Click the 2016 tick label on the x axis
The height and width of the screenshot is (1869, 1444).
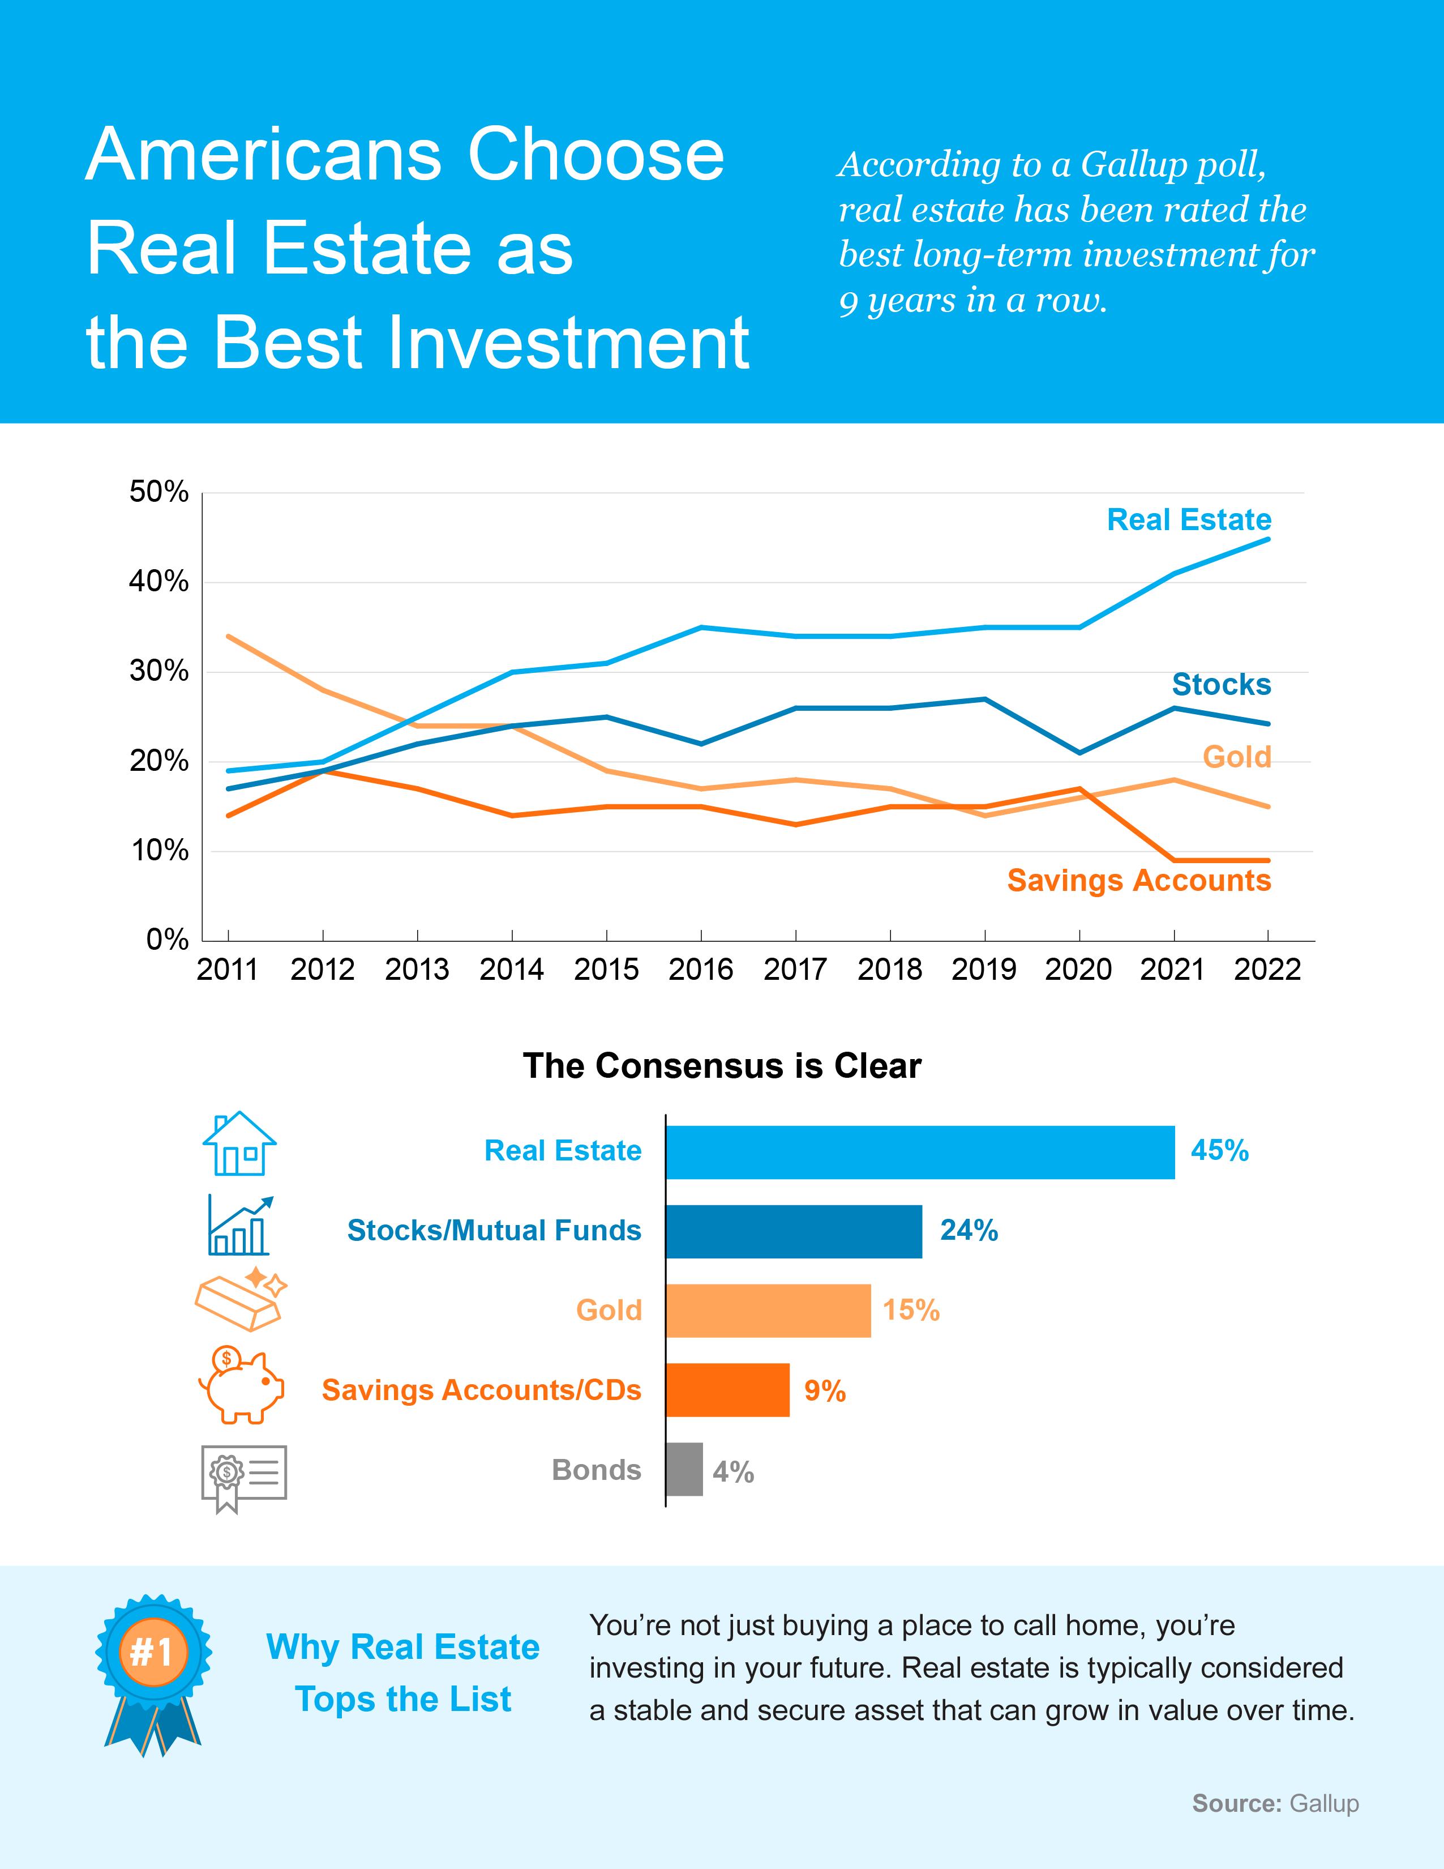[x=701, y=970]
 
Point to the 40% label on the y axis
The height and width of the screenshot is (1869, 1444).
[x=159, y=582]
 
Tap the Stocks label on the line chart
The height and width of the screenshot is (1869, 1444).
[x=1221, y=685]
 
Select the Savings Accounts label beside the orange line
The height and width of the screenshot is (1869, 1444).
[x=1138, y=881]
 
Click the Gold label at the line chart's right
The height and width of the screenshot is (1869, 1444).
[x=1236, y=757]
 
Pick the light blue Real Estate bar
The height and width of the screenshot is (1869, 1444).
[x=920, y=1152]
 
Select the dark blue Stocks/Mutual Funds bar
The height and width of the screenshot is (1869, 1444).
[x=794, y=1231]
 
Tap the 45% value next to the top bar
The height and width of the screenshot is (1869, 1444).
[x=1219, y=1151]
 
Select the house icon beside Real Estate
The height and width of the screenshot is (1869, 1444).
[x=239, y=1143]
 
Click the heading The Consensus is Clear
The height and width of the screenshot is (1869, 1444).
[x=722, y=1066]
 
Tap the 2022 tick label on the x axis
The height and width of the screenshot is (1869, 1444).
[x=1267, y=970]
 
